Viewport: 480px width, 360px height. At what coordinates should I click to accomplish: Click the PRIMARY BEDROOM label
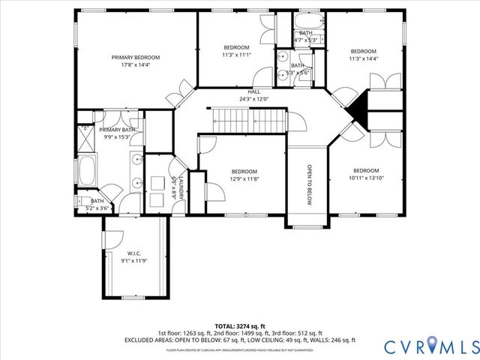(136, 57)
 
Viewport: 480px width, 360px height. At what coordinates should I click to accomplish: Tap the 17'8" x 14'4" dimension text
(136, 65)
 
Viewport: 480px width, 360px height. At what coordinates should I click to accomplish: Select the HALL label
(254, 91)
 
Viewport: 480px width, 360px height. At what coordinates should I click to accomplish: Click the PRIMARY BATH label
(118, 129)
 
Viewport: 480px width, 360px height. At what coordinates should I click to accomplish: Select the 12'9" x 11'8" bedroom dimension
(244, 178)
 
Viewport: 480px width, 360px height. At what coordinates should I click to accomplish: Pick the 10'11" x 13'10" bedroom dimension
(366, 178)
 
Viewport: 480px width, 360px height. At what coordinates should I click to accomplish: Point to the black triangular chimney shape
(359, 110)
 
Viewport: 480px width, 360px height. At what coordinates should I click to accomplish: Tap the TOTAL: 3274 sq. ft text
(239, 325)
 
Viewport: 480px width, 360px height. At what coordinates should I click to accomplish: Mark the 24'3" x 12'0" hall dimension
(254, 99)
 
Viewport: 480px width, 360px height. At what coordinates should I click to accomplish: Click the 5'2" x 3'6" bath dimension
(97, 208)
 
